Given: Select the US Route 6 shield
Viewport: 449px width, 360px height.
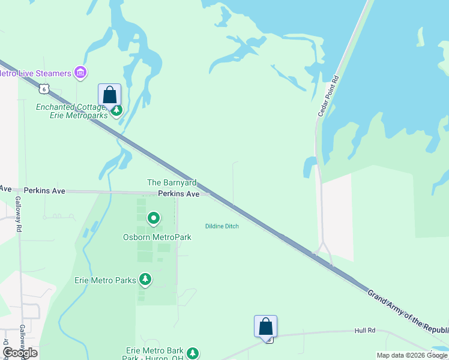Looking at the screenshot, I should [x=43, y=89].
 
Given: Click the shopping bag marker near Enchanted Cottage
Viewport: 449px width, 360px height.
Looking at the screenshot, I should [x=109, y=95].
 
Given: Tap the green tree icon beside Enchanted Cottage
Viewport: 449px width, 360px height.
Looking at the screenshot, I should [x=118, y=110].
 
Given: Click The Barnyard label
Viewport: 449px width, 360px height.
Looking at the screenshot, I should [x=171, y=182].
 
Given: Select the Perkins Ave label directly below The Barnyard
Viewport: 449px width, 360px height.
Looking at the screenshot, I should [x=179, y=194].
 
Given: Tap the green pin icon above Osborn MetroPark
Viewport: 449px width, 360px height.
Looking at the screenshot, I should [x=154, y=219].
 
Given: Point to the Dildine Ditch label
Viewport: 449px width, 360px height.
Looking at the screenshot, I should [x=222, y=226].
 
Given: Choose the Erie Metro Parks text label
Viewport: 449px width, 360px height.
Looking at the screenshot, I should [x=105, y=280].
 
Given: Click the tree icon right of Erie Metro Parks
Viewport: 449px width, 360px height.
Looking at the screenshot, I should [x=145, y=279].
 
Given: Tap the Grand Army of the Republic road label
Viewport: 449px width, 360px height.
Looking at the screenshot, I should [x=408, y=310].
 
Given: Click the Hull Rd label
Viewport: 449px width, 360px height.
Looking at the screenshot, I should [x=364, y=330].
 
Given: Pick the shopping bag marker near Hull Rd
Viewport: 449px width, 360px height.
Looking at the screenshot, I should [x=265, y=327].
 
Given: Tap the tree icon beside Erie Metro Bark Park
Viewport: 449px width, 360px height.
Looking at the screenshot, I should [x=192, y=353].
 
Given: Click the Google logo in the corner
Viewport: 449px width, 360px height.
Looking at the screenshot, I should [x=20, y=353].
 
